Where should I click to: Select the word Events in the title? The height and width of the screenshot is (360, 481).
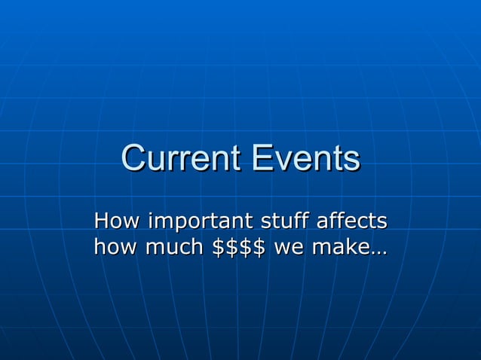click(307, 159)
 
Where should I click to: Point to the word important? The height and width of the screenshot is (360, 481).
click(200, 223)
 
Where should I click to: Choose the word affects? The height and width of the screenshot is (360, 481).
click(352, 222)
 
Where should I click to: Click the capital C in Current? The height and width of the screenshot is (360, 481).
click(134, 159)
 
